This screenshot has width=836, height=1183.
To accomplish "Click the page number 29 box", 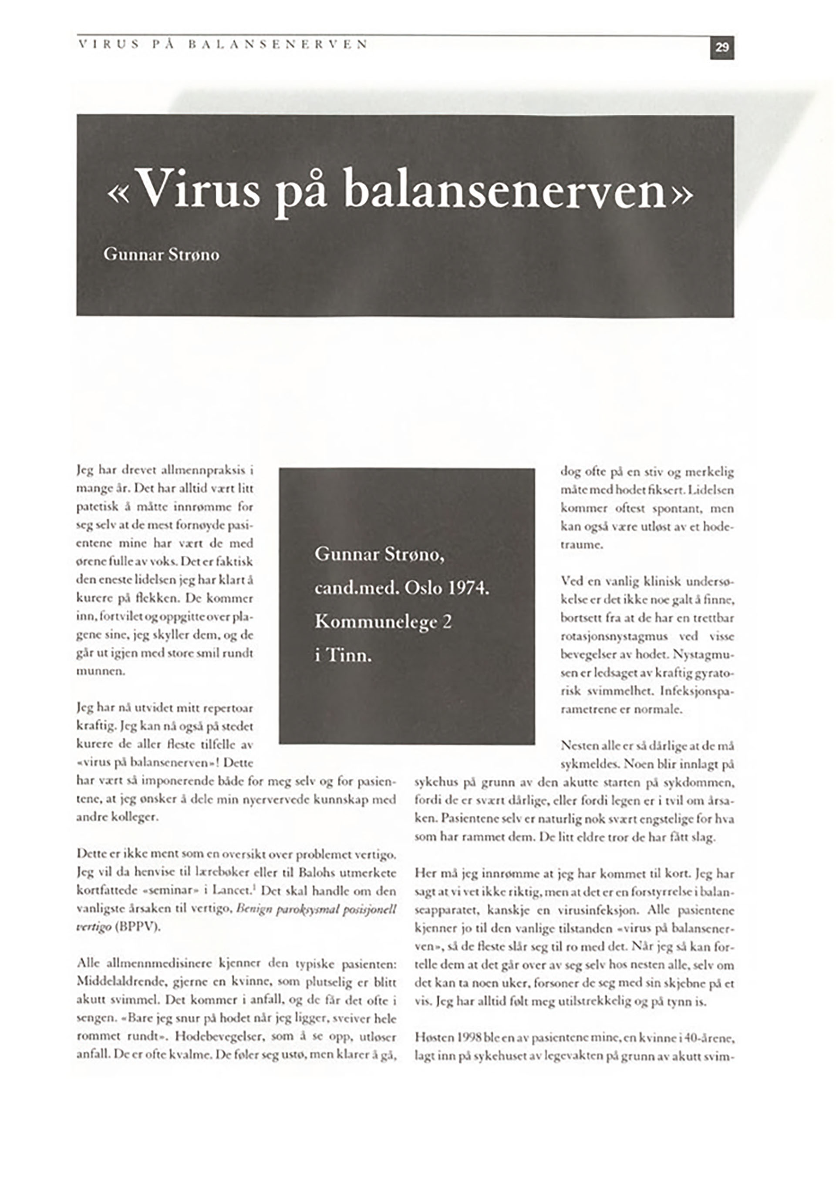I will pyautogui.click(x=721, y=48).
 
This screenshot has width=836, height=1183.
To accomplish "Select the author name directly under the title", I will pyautogui.click(x=162, y=255).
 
